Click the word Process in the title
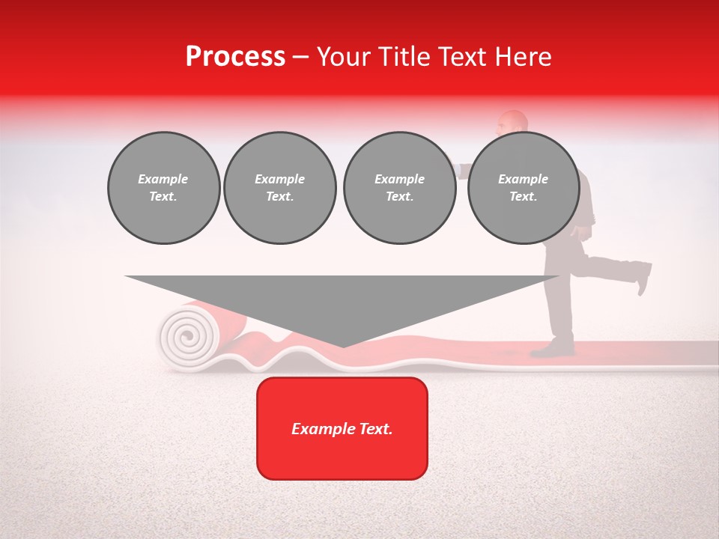[235, 57]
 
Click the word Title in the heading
[405, 57]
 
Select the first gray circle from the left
[163, 188]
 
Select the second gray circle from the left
[279, 188]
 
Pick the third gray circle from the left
[399, 188]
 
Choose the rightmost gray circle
[523, 188]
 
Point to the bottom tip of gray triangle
[343, 347]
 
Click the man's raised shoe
[643, 277]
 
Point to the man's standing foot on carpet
[558, 348]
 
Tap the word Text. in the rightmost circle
[523, 197]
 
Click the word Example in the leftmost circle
[163, 179]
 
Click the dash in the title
[301, 57]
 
